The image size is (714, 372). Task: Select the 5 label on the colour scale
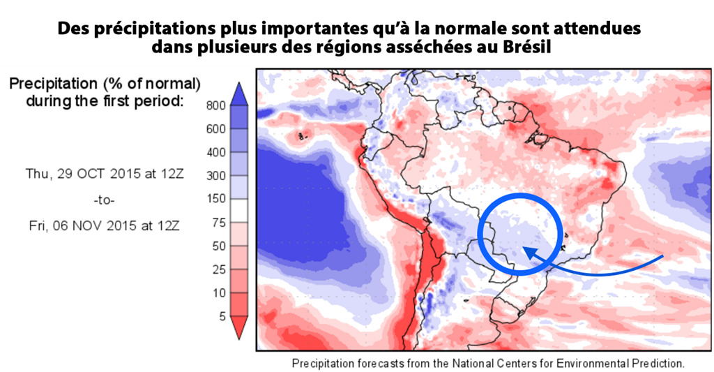click(x=221, y=315)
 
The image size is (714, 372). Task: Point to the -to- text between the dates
click(x=104, y=200)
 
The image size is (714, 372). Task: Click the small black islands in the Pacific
click(x=301, y=136)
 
